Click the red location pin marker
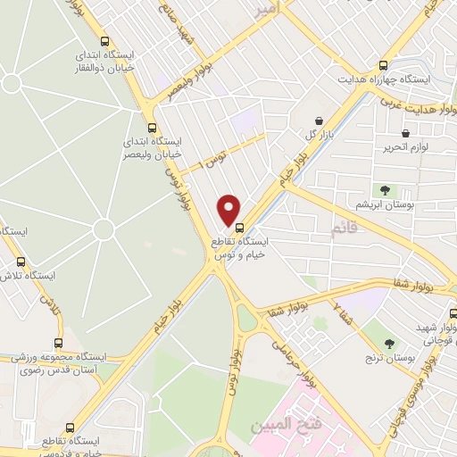point(229,209)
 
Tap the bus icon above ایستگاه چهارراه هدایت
point(384,65)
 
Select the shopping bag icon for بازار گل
point(319,120)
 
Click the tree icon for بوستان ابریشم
point(385,190)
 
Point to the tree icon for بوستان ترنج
point(389,342)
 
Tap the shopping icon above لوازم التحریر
point(404,134)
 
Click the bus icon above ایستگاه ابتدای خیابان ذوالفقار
point(106,41)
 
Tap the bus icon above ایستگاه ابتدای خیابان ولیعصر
point(152,127)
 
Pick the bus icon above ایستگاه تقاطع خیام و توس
point(239,227)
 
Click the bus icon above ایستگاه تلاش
point(21,262)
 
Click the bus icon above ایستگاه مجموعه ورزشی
point(59,342)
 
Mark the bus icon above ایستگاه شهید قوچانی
point(453,313)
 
